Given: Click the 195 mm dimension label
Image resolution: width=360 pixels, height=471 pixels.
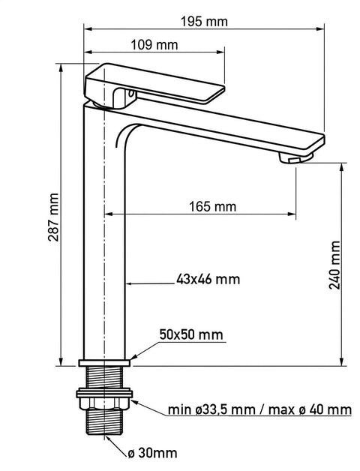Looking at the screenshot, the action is click(204, 22).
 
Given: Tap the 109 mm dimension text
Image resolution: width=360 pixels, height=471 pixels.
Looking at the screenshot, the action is click(154, 45).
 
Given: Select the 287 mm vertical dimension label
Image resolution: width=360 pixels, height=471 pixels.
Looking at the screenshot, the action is click(53, 217).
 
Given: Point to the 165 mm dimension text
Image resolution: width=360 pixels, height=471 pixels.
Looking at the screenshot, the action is click(213, 207).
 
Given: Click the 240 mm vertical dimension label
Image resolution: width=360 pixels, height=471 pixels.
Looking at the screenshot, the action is click(334, 265).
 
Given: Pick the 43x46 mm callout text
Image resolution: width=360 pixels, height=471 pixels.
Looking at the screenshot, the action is click(208, 279).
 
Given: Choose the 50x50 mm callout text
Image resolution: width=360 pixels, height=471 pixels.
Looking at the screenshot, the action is click(191, 334).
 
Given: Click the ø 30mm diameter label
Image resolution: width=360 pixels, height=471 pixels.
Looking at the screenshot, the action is click(152, 453).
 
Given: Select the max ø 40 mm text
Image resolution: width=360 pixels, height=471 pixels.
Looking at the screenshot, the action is click(310, 409).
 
